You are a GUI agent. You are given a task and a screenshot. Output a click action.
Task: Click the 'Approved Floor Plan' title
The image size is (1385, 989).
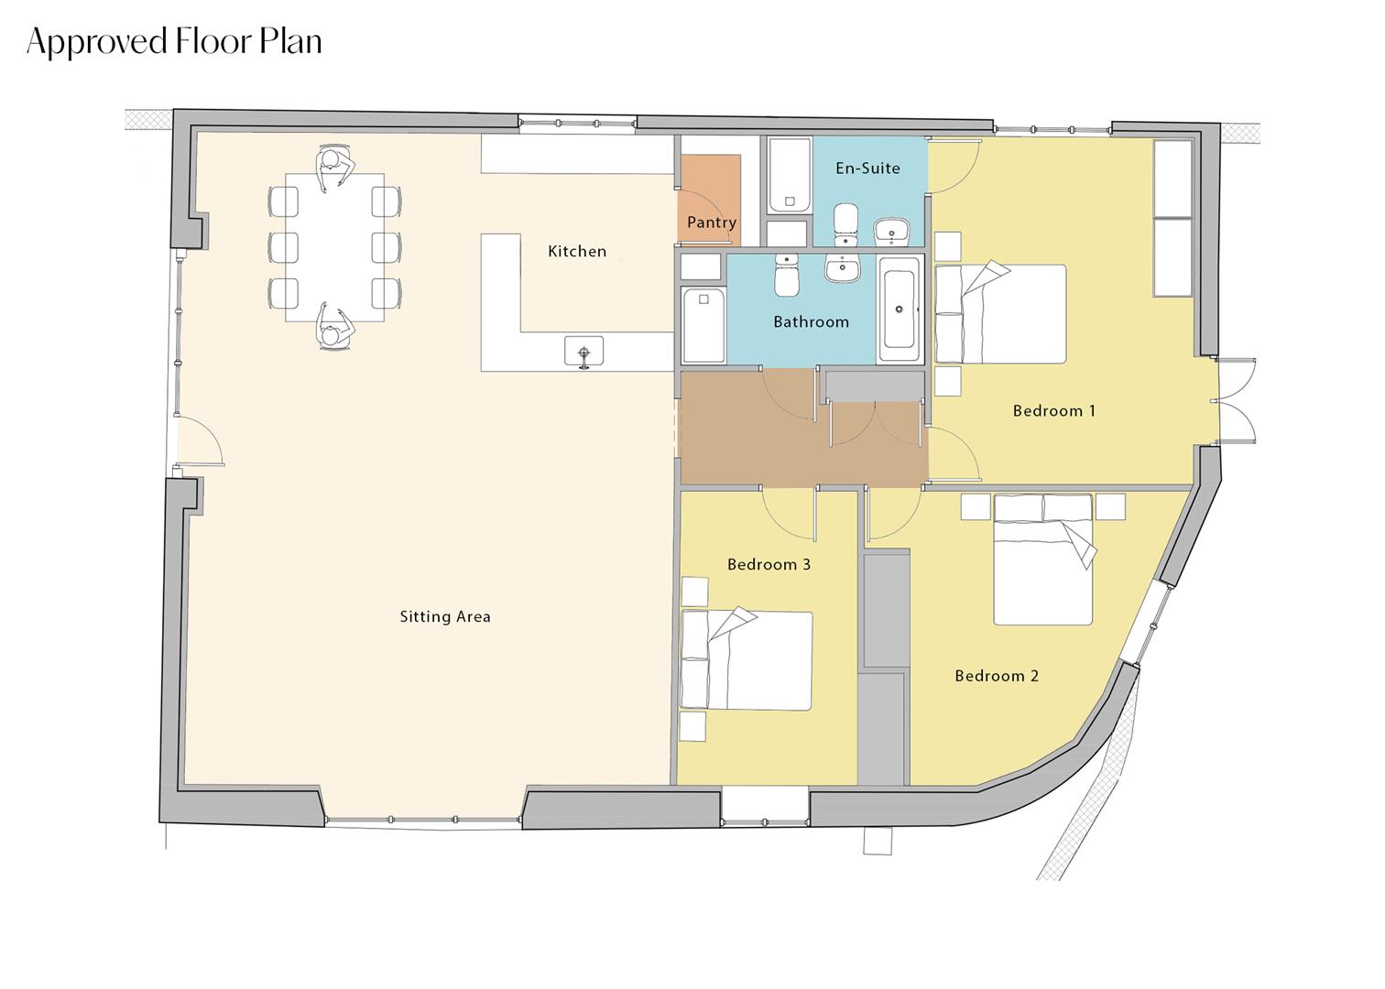(x=174, y=42)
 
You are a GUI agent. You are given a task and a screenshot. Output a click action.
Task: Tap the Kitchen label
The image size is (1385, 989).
(x=577, y=251)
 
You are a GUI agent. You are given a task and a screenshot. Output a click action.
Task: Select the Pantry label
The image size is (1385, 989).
(x=712, y=223)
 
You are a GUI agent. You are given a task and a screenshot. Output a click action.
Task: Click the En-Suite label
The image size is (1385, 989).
(x=867, y=168)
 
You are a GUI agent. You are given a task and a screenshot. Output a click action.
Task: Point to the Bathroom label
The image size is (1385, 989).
(x=811, y=322)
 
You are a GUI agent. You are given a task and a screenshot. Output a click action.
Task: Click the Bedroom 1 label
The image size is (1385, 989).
(x=1053, y=411)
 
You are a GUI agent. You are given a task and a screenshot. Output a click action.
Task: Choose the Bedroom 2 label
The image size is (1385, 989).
(x=997, y=677)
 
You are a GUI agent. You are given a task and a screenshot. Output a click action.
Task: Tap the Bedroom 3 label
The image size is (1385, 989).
(x=769, y=565)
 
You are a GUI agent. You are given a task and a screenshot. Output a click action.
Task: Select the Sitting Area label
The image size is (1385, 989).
(x=445, y=617)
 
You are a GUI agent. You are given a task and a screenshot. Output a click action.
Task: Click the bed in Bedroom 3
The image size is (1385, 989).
(x=747, y=660)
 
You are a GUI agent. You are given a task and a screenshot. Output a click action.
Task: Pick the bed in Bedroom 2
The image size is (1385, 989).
(x=1043, y=560)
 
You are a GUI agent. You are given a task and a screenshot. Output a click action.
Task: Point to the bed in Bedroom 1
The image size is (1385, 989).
(x=1000, y=314)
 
